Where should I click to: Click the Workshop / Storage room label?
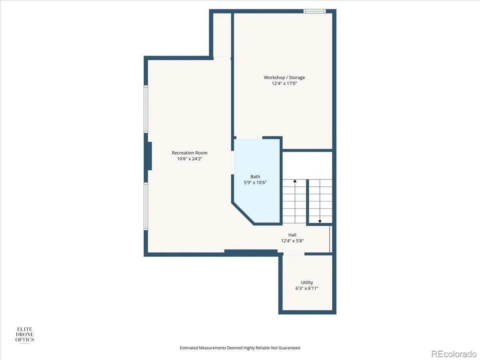[284, 78]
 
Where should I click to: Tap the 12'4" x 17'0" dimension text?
[284, 83]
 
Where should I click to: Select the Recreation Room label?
[190, 153]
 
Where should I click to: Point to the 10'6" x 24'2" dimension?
[190, 159]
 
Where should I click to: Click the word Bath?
[255, 176]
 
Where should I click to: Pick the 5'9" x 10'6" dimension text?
[255, 182]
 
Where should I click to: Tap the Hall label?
[292, 235]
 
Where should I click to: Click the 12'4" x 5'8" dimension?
[292, 241]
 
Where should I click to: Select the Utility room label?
[307, 282]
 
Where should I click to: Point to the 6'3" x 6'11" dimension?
[307, 288]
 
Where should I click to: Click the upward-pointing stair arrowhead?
[295, 181]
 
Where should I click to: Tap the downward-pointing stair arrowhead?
[320, 222]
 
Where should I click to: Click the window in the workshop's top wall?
[314, 11]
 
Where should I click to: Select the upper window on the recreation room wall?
[146, 109]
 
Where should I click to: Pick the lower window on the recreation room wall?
[146, 206]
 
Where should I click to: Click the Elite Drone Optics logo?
[25, 335]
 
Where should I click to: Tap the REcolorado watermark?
[454, 354]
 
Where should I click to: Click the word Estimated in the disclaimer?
[189, 348]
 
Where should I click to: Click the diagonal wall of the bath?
[243, 214]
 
